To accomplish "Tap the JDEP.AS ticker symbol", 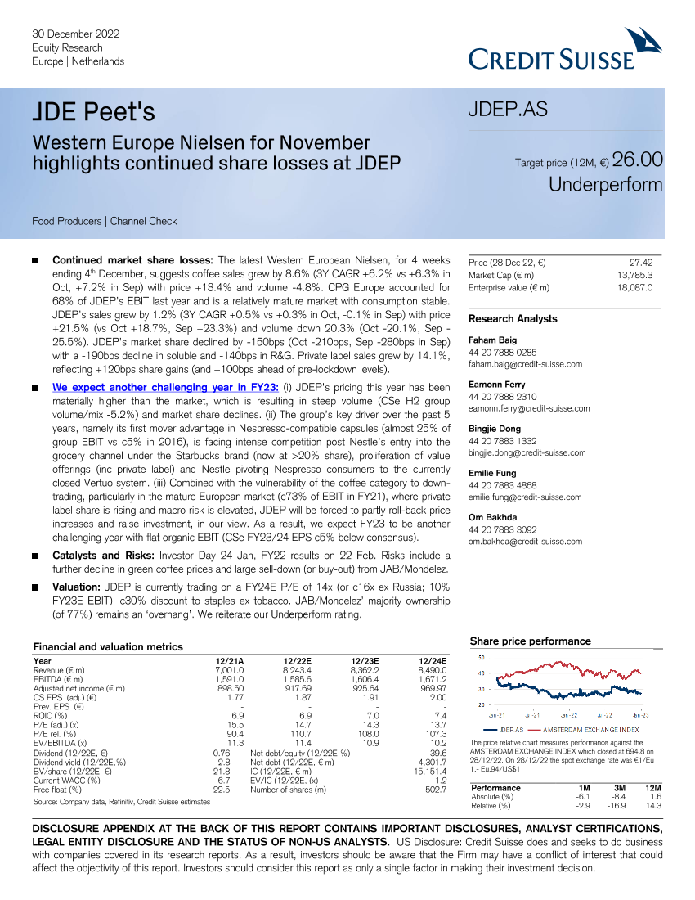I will (x=507, y=110).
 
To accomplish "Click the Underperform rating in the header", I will (x=605, y=185).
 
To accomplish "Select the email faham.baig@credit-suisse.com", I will (x=525, y=364).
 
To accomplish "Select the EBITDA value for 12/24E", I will (x=430, y=678).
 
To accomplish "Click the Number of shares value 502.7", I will (x=435, y=790).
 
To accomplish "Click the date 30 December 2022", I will (x=76, y=34).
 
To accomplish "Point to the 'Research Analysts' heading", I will (x=513, y=318).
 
